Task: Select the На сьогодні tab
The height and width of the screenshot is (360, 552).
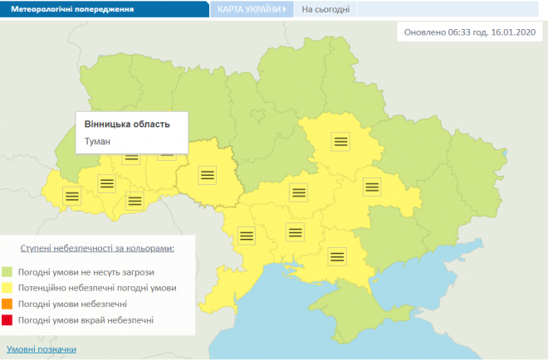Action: click(x=325, y=10)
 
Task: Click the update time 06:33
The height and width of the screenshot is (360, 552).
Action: click(x=461, y=33)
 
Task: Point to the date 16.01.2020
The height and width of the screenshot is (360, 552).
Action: click(x=517, y=33)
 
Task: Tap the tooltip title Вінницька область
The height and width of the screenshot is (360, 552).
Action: click(x=127, y=124)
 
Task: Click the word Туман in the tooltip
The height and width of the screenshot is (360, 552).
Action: click(x=99, y=141)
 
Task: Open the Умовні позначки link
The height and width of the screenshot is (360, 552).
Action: click(x=42, y=349)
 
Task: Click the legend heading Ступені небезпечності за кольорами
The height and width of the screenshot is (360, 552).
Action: click(x=98, y=247)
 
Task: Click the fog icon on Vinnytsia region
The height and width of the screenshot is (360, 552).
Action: click(x=207, y=174)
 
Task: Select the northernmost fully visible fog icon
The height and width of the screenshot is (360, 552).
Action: click(x=339, y=141)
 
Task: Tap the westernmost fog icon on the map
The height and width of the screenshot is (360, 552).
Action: click(x=72, y=197)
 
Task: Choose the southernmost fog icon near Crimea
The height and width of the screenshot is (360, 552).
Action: click(x=336, y=256)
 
